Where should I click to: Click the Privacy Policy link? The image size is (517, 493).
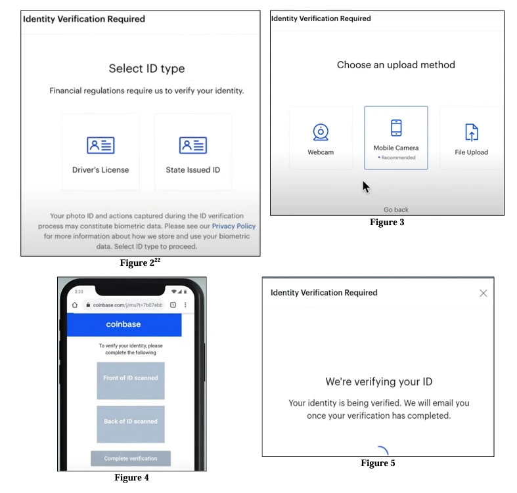coord(233,226)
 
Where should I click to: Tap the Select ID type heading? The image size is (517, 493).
coord(146,68)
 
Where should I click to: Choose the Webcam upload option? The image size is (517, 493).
coord(321,139)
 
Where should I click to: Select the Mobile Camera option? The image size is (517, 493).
coord(396,137)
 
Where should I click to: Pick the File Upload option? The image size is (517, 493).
coord(470,139)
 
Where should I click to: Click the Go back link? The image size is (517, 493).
coord(396,209)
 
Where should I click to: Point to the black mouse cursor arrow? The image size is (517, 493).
coord(366,187)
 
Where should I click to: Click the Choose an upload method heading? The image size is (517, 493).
coord(395,65)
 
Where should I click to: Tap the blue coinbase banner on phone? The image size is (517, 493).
coord(124,324)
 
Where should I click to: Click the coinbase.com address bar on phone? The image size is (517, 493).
coord(127,305)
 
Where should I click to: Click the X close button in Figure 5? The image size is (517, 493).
coord(483,293)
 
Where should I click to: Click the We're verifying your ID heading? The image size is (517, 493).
coord(379,381)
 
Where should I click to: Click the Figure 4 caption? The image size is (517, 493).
coord(131,478)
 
